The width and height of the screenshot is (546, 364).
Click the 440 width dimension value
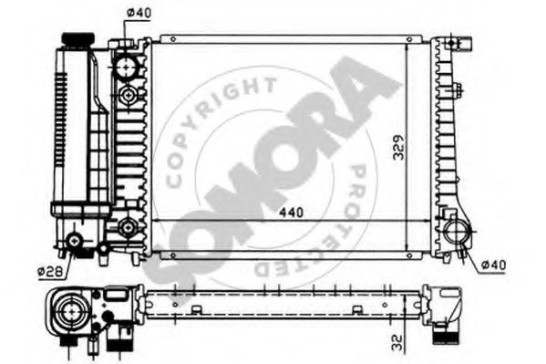[291, 213]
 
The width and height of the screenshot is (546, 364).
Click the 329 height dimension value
[398, 147]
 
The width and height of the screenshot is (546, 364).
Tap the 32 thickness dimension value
[397, 342]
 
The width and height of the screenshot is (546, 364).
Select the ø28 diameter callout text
[50, 271]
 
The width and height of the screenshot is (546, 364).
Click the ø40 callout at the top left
[139, 13]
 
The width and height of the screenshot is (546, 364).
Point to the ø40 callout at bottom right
[493, 265]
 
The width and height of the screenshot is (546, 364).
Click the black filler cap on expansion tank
[78, 39]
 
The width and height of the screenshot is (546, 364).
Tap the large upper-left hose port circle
[126, 67]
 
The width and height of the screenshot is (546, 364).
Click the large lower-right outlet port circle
[457, 232]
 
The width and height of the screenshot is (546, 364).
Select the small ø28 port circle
[74, 241]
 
